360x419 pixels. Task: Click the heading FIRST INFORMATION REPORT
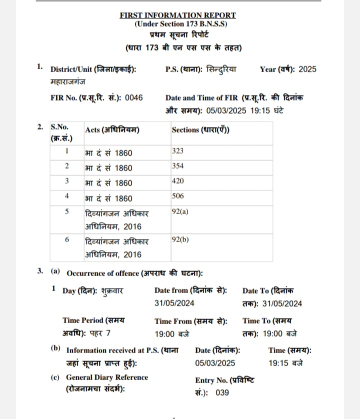coord(178,15)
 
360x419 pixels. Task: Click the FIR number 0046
coord(133,98)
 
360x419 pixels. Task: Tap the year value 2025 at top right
coord(307,69)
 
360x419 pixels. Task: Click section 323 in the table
coord(177,150)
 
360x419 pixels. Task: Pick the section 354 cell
coord(177,166)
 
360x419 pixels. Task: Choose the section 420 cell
coord(177,181)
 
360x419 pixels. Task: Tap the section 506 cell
coord(177,196)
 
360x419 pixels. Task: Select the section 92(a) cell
coord(180,211)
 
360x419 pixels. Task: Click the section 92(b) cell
coord(180,239)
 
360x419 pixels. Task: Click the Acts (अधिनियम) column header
coord(112,130)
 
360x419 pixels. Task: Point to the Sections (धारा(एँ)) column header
coord(200,130)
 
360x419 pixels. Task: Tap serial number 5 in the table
coord(67,211)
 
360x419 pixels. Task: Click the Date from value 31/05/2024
coord(174,303)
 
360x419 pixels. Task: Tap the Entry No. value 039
coord(222,393)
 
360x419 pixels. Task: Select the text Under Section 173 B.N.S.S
coord(180,24)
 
